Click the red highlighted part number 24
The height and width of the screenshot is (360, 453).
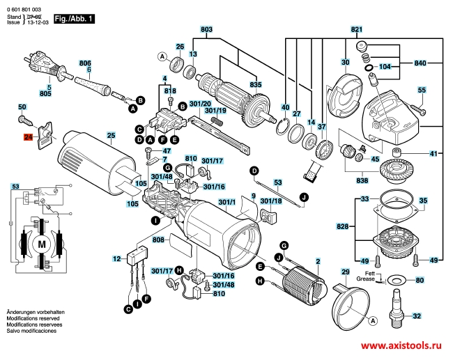[29, 138]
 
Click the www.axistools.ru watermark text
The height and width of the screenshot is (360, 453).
[403, 345]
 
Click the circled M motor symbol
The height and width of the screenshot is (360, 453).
[41, 244]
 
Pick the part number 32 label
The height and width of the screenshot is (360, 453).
[417, 316]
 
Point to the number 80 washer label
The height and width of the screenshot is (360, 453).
[420, 281]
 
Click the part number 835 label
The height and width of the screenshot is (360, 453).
[256, 84]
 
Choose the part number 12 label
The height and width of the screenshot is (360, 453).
[117, 258]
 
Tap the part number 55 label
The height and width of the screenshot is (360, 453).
[422, 91]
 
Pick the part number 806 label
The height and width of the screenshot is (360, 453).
[86, 63]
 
